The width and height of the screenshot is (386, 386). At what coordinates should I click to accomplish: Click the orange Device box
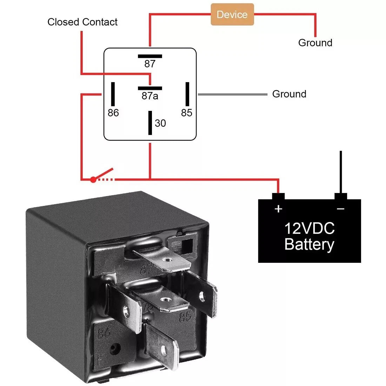tap(232, 14)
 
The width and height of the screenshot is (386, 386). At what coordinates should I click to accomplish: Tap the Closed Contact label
tap(82, 22)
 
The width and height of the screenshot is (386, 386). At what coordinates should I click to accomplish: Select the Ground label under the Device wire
tap(315, 43)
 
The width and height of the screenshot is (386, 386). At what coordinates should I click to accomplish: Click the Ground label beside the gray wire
tap(289, 94)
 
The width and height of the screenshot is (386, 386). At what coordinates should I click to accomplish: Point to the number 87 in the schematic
tap(150, 64)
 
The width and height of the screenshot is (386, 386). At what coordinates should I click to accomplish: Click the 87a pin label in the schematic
tap(150, 96)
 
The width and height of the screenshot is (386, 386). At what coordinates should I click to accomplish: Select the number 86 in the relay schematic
tap(113, 113)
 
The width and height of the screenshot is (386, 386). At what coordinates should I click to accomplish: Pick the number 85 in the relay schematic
tap(187, 113)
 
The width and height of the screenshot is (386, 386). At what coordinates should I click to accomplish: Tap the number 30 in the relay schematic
tap(160, 123)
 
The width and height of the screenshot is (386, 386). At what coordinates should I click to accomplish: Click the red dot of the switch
tap(93, 180)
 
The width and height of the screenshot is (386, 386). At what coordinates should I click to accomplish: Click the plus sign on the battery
tap(278, 209)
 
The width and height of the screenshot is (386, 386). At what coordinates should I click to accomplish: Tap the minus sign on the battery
tap(340, 209)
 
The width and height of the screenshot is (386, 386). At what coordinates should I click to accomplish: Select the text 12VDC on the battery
tap(309, 228)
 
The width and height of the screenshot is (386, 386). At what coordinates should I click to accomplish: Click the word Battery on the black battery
tap(309, 245)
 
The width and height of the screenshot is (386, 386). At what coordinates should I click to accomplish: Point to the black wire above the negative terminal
tap(340, 172)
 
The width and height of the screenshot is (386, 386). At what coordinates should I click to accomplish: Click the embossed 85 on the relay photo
tap(185, 317)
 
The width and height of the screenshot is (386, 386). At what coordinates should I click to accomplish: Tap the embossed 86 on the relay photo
tap(104, 332)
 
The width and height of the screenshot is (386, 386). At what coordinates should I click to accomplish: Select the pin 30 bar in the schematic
tap(150, 123)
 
